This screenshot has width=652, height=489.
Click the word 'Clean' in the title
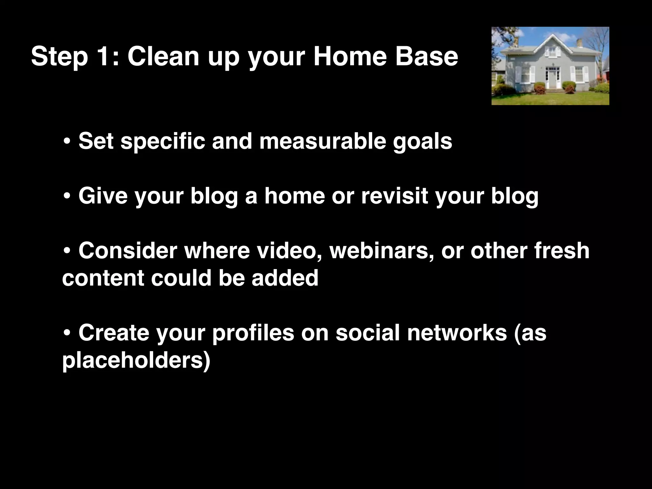(163, 56)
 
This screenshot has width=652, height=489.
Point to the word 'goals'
(422, 142)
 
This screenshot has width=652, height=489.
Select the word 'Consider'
(128, 251)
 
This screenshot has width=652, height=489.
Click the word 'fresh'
(562, 251)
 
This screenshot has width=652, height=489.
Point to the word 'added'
(285, 278)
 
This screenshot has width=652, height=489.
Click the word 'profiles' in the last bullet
(253, 333)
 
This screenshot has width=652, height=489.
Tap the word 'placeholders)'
(136, 361)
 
